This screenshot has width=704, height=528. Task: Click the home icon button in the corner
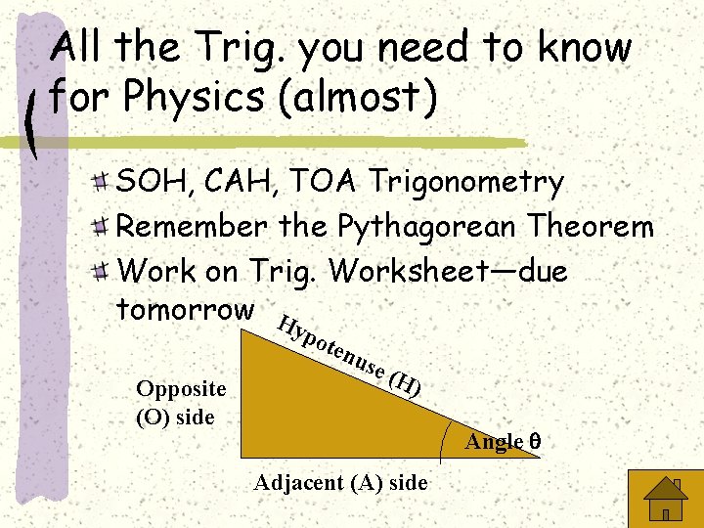coord(665,500)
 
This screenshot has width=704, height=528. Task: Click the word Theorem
coord(593,227)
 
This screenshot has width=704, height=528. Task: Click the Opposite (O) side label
coord(181,402)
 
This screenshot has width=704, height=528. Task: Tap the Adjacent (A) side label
coord(340,482)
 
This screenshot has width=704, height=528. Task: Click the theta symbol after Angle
coord(534,442)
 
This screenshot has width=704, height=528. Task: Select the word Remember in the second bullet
coord(192,227)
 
